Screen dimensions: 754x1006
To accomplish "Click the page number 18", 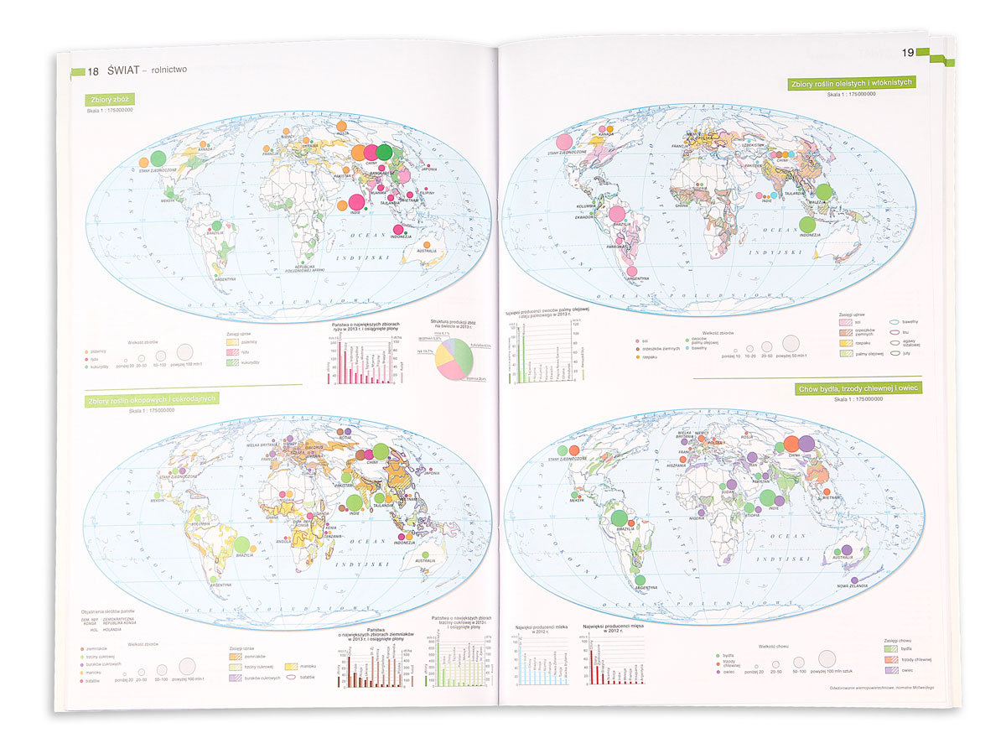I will (x=93, y=70).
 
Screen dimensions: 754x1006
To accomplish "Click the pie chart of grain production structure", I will (x=454, y=358).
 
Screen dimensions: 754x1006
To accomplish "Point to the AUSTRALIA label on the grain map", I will (x=427, y=250).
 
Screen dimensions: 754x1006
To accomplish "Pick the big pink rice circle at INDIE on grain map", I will (x=355, y=201).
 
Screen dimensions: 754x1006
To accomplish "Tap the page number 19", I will (x=907, y=53).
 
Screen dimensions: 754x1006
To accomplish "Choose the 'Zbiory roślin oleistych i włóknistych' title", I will (x=852, y=82).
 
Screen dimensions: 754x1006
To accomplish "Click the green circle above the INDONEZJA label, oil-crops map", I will (x=807, y=224).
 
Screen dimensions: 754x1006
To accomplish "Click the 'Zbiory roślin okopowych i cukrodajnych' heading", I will (x=151, y=399).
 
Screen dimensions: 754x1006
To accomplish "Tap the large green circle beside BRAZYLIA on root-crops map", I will (x=241, y=545).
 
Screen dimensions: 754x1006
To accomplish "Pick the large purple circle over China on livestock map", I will (x=806, y=443).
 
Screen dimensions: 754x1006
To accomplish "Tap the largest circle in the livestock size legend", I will (x=827, y=658).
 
